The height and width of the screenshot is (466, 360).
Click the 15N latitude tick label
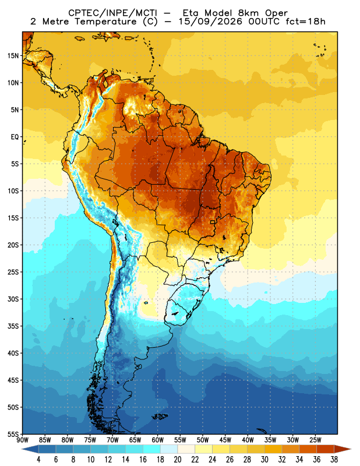(13, 55)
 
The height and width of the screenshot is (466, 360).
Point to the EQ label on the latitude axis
(15, 137)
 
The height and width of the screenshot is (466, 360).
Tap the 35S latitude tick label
(13, 326)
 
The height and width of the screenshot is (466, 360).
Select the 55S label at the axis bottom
(13, 434)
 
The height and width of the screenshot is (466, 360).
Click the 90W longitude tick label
(23, 440)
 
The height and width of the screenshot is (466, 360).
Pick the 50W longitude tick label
(203, 440)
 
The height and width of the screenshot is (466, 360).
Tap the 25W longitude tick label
(315, 440)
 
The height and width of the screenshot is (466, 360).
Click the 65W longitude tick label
(135, 440)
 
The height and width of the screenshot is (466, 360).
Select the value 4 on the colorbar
(38, 460)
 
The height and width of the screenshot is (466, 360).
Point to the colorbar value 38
(334, 460)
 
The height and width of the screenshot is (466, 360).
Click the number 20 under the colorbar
(178, 460)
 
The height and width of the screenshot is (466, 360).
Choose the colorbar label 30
(264, 460)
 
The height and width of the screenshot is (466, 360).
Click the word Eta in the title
(190, 13)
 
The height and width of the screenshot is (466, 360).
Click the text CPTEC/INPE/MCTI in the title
(112, 13)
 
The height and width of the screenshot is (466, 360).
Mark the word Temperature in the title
(105, 22)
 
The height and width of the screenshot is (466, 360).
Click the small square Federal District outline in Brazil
(213, 222)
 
